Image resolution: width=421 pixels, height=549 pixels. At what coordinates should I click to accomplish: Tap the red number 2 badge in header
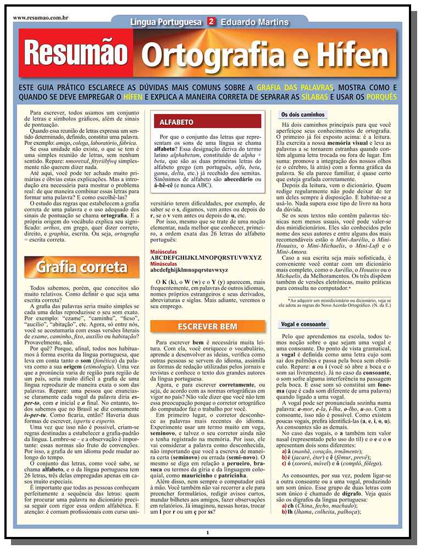[210, 22]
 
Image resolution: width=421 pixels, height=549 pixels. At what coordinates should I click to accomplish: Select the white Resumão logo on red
[76, 54]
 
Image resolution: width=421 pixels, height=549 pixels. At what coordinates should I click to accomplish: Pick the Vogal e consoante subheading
[303, 324]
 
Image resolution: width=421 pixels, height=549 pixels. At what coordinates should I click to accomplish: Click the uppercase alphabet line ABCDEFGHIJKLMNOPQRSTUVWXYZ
[206, 257]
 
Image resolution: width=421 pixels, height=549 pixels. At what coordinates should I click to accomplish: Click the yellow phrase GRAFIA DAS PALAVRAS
[295, 87]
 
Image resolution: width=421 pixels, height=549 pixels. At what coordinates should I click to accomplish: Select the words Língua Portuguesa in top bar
[166, 22]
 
